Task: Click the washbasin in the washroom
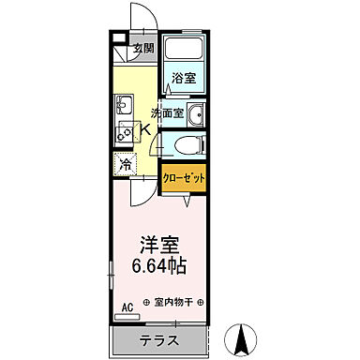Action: tap(196, 114)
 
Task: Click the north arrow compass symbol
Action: tap(243, 337)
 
